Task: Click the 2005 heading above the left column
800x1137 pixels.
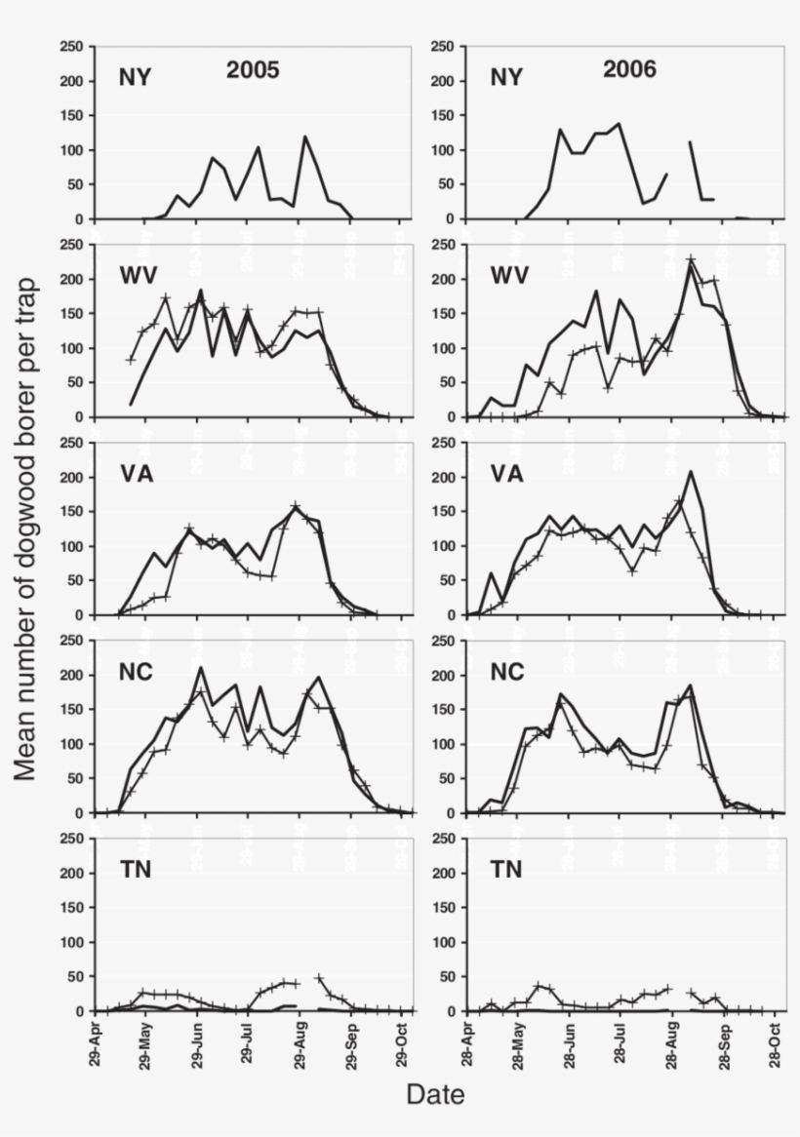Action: [x=253, y=70]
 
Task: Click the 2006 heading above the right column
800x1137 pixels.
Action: [x=629, y=69]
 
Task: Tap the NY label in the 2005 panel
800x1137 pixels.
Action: [x=135, y=77]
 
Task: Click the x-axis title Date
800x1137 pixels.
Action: [x=435, y=1094]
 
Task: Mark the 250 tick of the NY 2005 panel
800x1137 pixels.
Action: [x=70, y=46]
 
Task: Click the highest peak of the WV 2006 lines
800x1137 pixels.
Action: [x=691, y=259]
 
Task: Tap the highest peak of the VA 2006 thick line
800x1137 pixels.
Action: [x=691, y=472]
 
